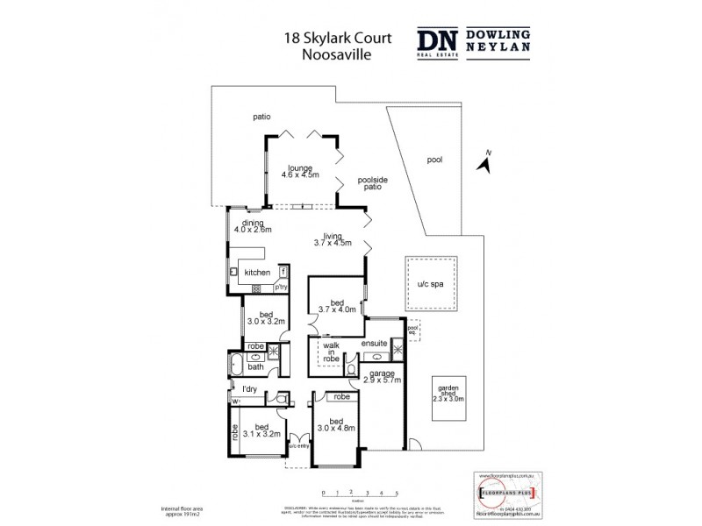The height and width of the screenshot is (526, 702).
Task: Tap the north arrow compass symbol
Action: coord(484,161)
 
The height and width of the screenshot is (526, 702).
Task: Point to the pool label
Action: coord(435,160)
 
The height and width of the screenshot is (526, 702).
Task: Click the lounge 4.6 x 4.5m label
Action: coord(300,171)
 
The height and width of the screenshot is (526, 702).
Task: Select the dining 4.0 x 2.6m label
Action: coord(253,226)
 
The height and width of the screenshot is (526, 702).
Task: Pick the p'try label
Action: coord(282,287)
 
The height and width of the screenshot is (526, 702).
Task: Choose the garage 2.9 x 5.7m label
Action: coord(384,377)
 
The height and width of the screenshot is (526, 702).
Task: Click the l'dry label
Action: coord(248,389)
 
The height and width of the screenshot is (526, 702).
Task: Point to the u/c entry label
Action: coord(298,445)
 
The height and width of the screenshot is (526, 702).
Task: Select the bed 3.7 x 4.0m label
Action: coord(337,304)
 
